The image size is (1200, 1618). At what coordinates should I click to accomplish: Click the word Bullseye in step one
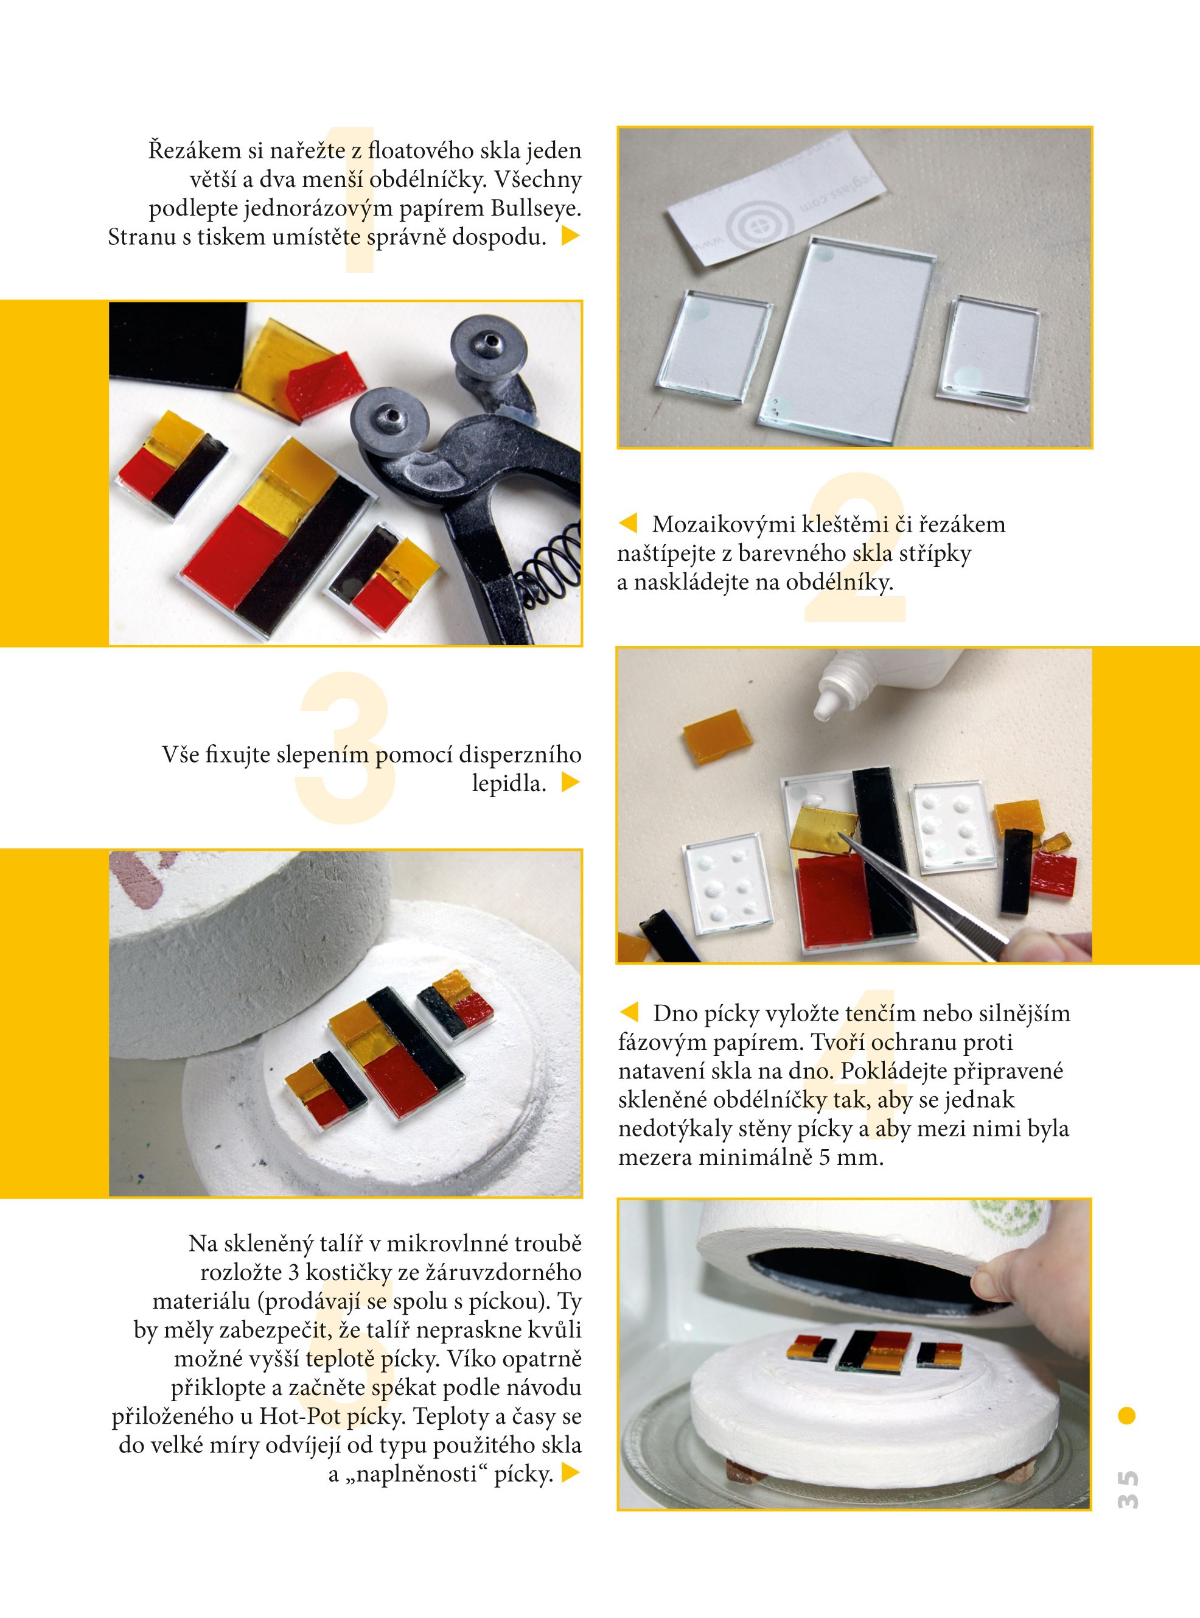536,209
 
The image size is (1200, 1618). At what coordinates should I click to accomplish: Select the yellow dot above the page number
1126,1415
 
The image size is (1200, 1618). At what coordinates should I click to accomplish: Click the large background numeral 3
346,748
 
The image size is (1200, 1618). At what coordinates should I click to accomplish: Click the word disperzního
520,754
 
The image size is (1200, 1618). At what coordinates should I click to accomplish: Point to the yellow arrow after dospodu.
571,236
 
